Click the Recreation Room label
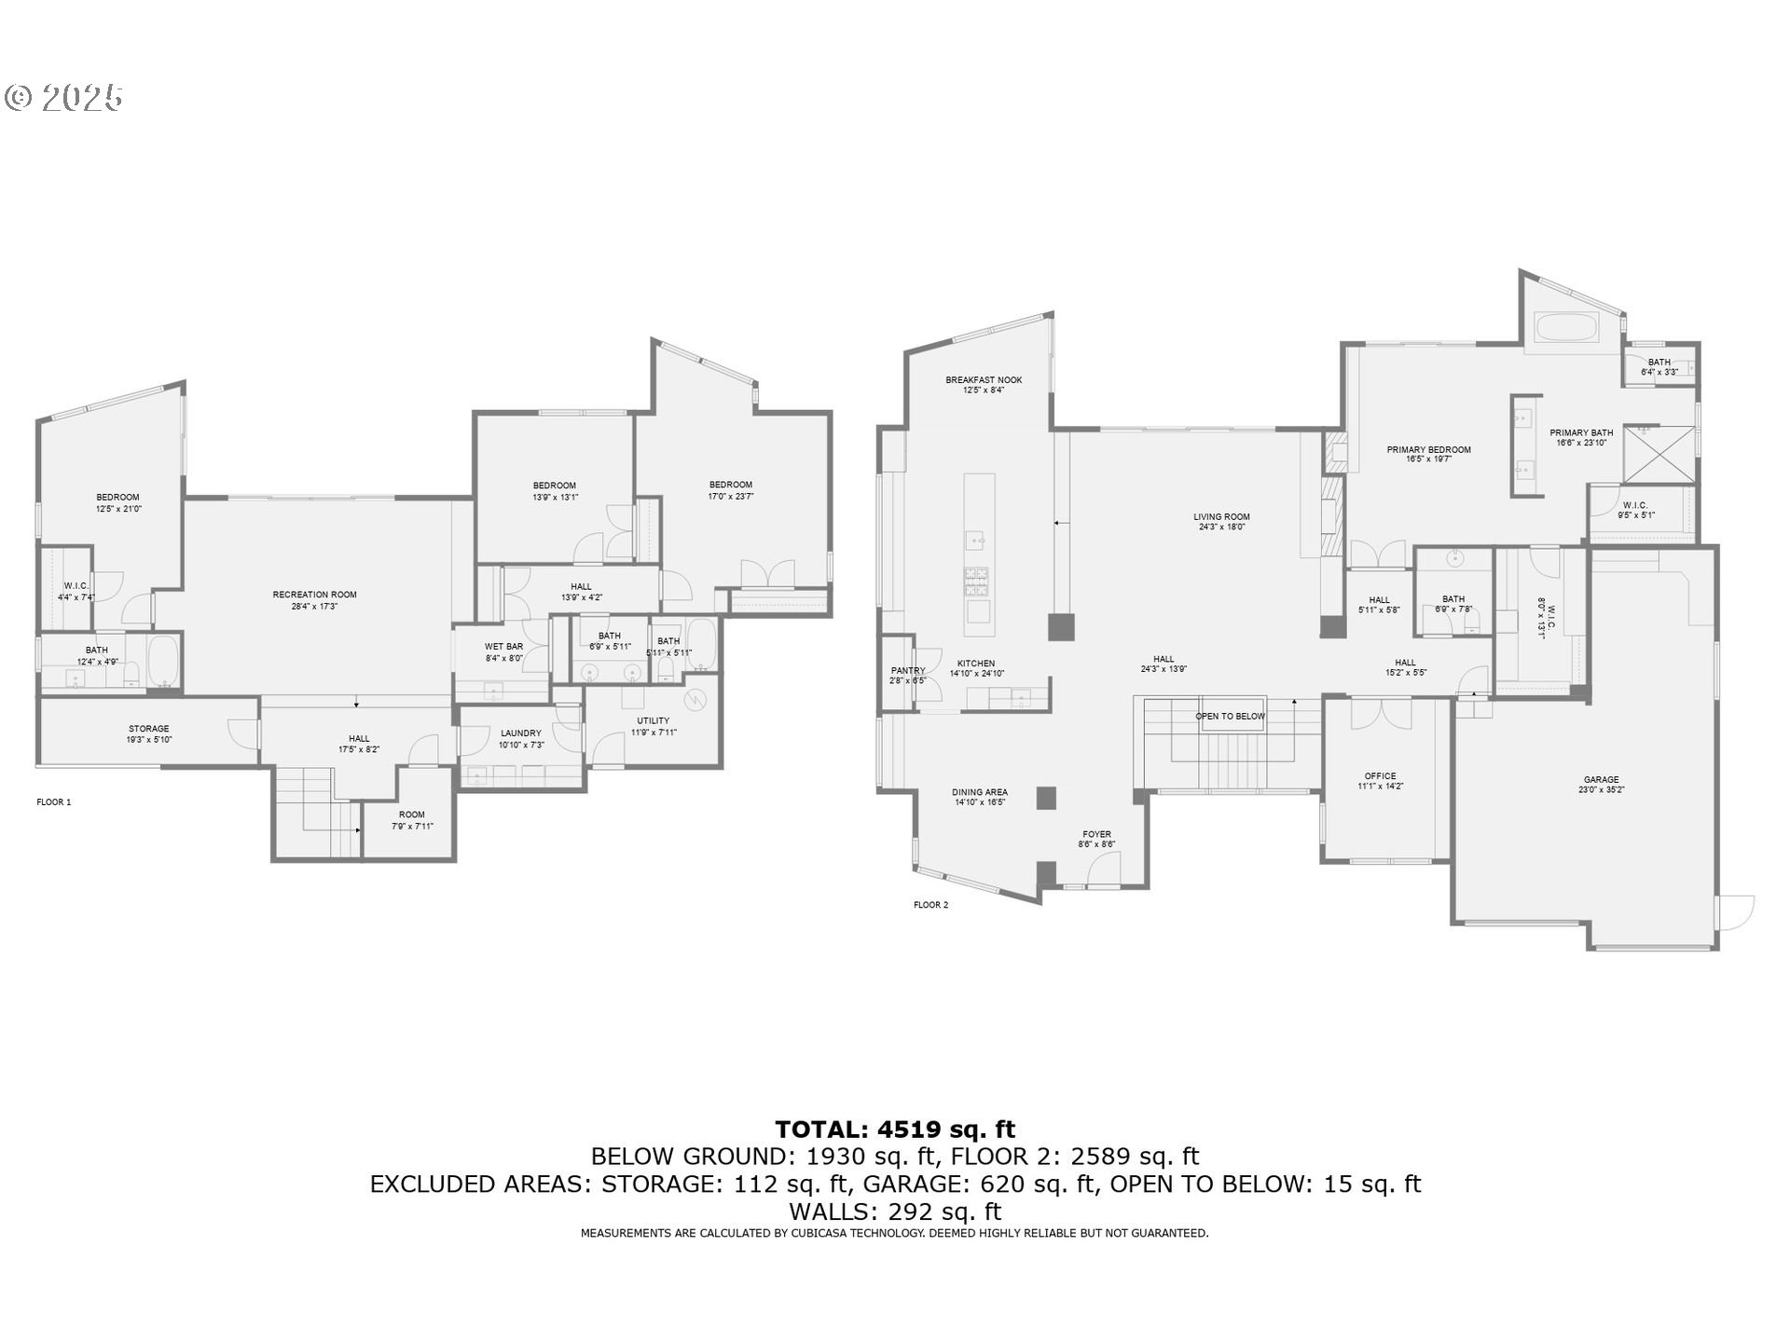point(314,595)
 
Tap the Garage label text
point(1601,780)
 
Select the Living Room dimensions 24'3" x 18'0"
point(1221,527)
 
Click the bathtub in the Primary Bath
point(1567,328)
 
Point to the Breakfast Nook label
point(984,380)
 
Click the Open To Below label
point(1230,717)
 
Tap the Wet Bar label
point(503,647)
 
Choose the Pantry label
point(907,671)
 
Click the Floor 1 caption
point(54,802)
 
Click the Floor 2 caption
point(930,905)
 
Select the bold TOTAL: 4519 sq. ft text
point(894,1130)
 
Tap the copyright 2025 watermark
point(63,98)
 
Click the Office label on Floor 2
point(1380,776)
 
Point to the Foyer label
point(1096,835)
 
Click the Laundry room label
point(520,733)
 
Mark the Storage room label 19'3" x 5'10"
point(149,739)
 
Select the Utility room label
point(653,720)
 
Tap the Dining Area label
point(979,792)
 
